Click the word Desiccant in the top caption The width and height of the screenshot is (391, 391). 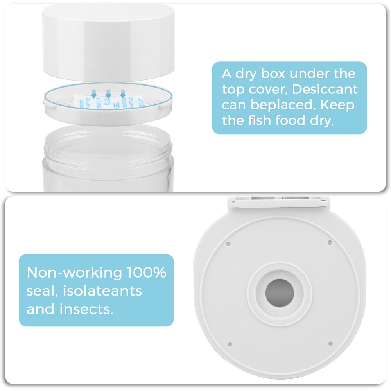coord(325,89)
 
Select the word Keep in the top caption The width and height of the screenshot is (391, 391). coord(338,105)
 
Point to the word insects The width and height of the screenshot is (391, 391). coord(86,309)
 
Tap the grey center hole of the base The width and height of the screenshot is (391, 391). coord(280,293)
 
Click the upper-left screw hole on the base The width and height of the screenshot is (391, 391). coord(229,243)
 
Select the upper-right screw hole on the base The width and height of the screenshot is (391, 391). coord(330,242)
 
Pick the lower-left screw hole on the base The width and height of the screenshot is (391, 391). coord(230,344)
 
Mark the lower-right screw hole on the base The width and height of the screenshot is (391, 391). coord(330,344)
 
